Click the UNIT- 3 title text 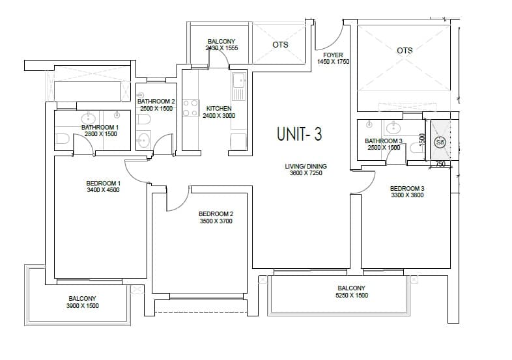click(x=299, y=134)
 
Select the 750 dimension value click(x=439, y=164)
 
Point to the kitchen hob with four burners click(x=190, y=108)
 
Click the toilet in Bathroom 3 click(x=416, y=149)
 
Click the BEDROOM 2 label click(x=216, y=214)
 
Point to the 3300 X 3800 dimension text click(x=407, y=195)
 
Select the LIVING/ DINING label click(x=306, y=167)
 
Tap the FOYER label click(x=334, y=55)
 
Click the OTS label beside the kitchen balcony click(x=280, y=45)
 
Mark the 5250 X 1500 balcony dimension click(x=351, y=296)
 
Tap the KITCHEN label click(x=218, y=109)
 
